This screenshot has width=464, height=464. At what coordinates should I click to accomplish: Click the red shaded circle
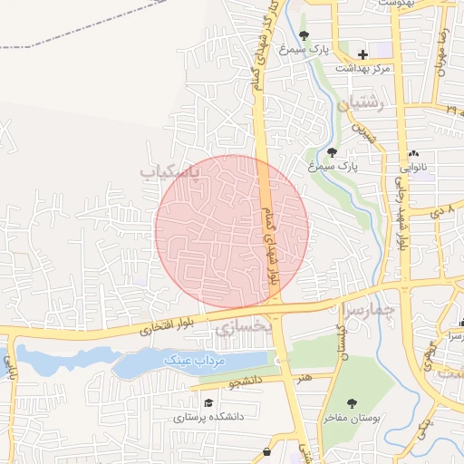tap(231, 231)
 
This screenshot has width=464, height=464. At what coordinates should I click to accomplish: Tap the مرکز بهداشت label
tap(362, 69)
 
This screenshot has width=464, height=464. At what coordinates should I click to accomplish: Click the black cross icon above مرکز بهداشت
tap(362, 54)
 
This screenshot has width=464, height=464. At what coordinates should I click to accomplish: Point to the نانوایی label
tap(413, 168)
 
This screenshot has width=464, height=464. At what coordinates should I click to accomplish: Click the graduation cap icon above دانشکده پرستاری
tap(208, 403)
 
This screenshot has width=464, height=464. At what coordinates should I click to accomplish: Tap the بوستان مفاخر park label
tap(352, 418)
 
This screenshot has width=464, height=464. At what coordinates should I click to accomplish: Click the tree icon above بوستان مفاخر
tap(352, 403)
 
